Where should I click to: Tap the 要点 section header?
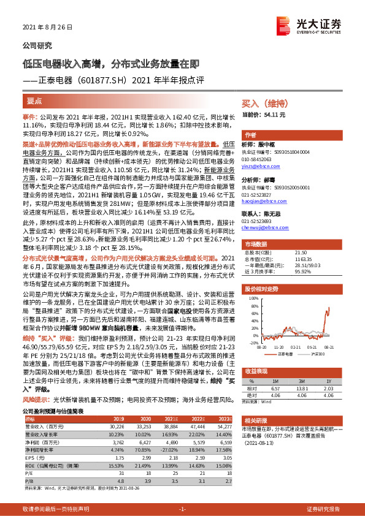point(34,99)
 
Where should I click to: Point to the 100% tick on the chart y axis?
point(253,296)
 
